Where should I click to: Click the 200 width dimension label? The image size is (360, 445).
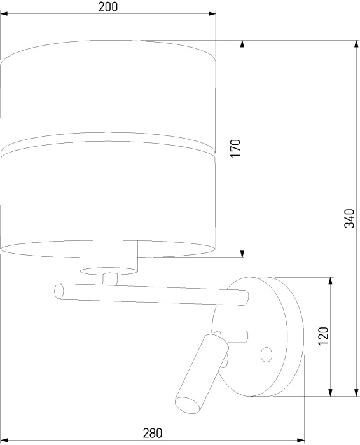tap(108, 7)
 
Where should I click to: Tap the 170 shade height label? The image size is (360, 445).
tap(235, 148)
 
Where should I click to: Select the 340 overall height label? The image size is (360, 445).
tap(349, 219)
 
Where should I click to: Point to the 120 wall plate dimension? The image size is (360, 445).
tap(323, 336)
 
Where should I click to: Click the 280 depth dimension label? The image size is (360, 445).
tap(153, 434)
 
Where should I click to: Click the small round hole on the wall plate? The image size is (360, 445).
tap(267, 355)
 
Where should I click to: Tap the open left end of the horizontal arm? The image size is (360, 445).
tap(59, 291)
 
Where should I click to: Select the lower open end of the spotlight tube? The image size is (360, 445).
tap(188, 404)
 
